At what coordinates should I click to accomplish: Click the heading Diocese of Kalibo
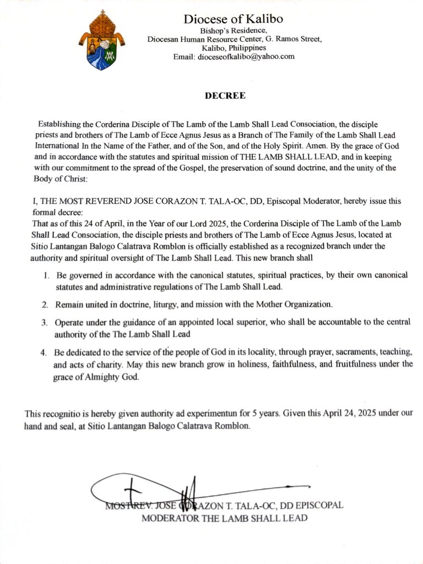pyautogui.click(x=234, y=19)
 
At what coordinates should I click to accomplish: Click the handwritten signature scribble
pyautogui.click(x=165, y=489)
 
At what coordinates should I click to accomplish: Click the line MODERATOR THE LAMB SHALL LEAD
pyautogui.click(x=224, y=518)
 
